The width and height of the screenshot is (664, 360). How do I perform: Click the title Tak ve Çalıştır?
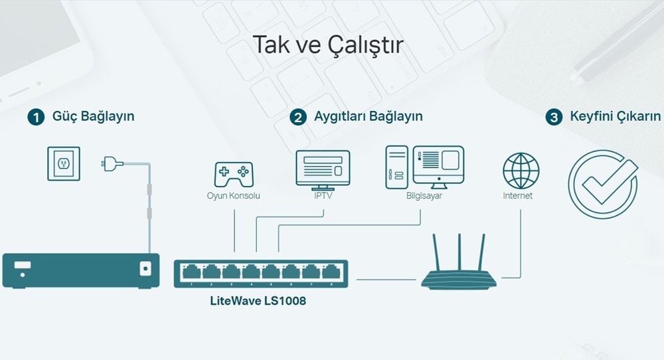point(328,45)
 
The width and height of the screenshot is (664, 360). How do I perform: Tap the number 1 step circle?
point(36,118)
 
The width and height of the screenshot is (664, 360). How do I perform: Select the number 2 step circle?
point(298,118)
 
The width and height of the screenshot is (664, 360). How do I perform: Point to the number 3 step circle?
point(554,118)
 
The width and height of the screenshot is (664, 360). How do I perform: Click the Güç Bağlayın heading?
point(93,116)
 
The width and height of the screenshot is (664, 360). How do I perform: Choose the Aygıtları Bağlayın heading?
point(369,116)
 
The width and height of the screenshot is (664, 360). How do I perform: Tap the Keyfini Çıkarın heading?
point(616,116)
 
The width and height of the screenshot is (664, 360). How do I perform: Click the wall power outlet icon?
point(64,163)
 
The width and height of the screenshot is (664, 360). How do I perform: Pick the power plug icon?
point(112,163)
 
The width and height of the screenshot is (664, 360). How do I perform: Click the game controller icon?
point(234,174)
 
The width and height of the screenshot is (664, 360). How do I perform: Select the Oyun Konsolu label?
point(233,196)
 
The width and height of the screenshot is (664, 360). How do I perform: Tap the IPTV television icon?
point(323,170)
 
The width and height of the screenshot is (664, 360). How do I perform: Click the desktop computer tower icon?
point(397,167)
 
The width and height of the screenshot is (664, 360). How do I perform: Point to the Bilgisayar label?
point(424,196)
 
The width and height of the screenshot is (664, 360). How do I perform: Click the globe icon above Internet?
point(521,171)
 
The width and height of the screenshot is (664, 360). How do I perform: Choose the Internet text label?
point(517,196)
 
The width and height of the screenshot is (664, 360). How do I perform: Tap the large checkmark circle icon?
point(603,184)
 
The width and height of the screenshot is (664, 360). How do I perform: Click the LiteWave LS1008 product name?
point(258,301)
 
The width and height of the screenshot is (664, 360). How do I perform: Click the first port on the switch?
point(191,272)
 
